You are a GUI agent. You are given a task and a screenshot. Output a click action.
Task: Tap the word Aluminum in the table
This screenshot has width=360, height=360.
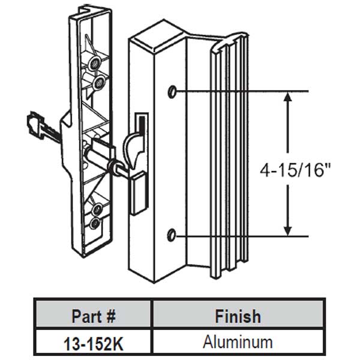tap(238, 343)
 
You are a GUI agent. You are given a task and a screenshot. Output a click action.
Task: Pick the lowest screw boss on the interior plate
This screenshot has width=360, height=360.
tap(94, 224)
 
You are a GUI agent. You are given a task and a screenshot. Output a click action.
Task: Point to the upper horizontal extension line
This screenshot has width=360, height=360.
tap(240, 91)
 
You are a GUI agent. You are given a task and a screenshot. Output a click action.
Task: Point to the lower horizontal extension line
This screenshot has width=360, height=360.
tap(240, 236)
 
